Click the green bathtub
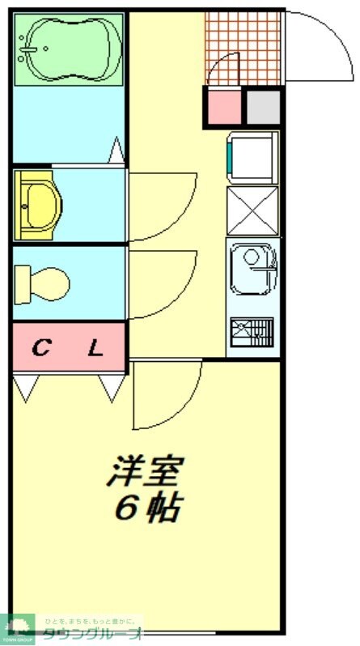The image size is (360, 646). (x=68, y=49)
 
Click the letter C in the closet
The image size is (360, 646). (x=41, y=350)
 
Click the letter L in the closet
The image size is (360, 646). (x=95, y=350)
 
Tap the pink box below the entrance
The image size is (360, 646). (x=222, y=108)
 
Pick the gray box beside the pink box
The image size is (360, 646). (x=262, y=108)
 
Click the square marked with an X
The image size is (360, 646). (x=252, y=210)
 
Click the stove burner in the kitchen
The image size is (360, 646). (x=252, y=331)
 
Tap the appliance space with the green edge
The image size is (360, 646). (x=252, y=156)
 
